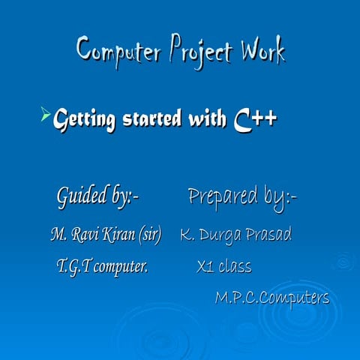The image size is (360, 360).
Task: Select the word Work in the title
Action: [x=262, y=51]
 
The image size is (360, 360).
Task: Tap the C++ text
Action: [x=255, y=118]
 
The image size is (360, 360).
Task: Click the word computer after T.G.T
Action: [x=121, y=266]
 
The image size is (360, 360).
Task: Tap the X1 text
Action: [x=205, y=266]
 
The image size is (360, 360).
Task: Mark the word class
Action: [x=235, y=266]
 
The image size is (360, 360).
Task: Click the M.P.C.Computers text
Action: [x=272, y=298]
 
